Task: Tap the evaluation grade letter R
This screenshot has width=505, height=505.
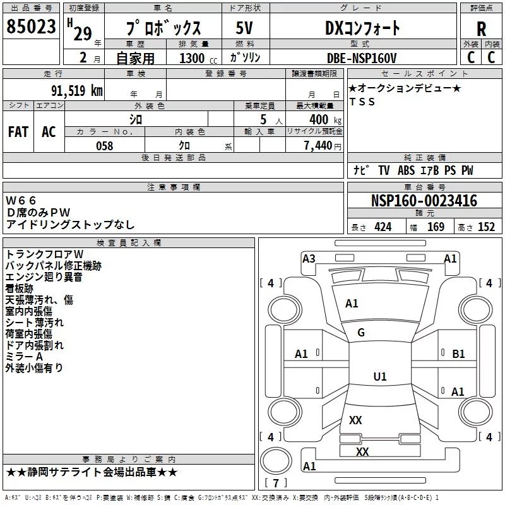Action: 481,29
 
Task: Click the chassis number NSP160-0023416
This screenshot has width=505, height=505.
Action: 424,201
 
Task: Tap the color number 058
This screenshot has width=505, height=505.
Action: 104,145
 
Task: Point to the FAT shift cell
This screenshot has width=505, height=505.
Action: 18,131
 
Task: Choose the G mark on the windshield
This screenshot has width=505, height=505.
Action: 361,333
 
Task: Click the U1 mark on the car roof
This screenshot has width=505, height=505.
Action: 379,377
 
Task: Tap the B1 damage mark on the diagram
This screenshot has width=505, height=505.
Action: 458,354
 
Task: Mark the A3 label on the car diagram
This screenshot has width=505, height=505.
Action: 309,258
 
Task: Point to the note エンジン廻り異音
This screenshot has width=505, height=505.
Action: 44,277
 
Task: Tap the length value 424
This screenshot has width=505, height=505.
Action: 383,227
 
